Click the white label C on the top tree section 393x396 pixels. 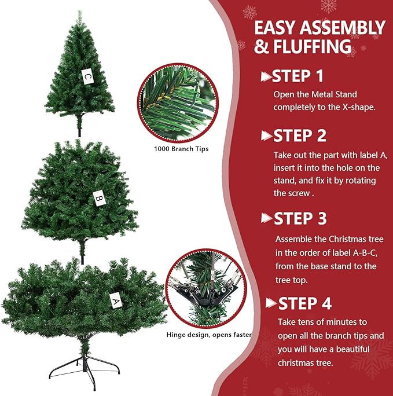(87, 76)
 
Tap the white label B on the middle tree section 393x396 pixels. (99, 199)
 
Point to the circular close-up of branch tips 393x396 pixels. (178, 102)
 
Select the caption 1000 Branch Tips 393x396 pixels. (181, 149)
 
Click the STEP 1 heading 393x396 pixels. (297, 76)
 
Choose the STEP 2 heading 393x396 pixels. (299, 136)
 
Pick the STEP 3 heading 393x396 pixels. (300, 218)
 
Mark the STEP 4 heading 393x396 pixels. (305, 303)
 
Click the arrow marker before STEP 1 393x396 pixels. (266, 76)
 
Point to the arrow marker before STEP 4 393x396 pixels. (271, 303)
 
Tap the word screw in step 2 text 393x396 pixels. (300, 193)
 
